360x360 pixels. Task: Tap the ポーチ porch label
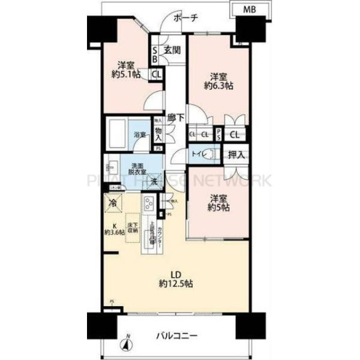coord(186,19)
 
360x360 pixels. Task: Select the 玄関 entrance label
coord(172,50)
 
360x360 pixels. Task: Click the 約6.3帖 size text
coord(218,85)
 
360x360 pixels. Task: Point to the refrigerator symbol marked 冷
coord(113,203)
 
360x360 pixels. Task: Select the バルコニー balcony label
coord(179,335)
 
